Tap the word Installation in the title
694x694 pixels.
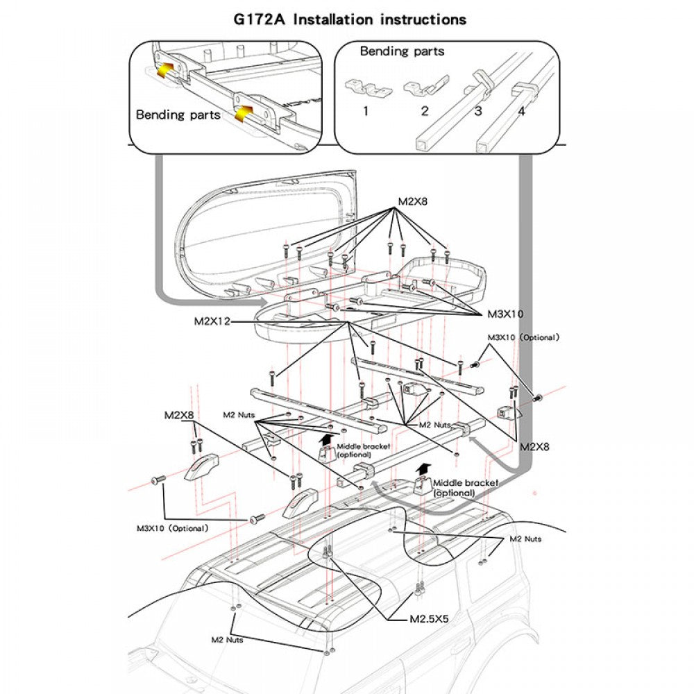[332, 19]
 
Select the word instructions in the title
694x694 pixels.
[423, 19]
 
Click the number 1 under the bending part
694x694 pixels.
[365, 111]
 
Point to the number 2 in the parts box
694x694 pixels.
[425, 111]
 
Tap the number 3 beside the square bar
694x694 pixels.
[478, 111]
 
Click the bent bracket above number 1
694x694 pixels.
[366, 88]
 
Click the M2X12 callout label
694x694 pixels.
[213, 322]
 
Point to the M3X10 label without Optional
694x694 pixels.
[505, 314]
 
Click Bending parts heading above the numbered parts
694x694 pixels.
[402, 51]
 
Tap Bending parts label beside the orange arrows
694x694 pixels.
[178, 115]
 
